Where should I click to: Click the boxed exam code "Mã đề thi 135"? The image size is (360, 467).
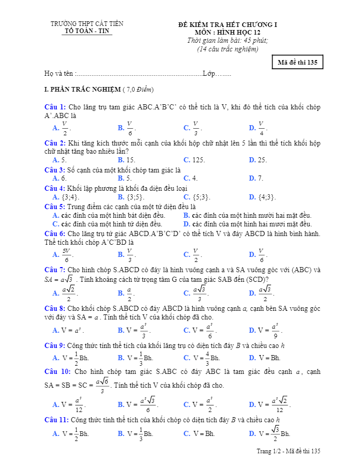[x=297, y=63]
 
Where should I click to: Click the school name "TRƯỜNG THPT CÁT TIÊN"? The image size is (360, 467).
[x=87, y=24]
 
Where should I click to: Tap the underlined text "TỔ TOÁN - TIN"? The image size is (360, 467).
[x=87, y=31]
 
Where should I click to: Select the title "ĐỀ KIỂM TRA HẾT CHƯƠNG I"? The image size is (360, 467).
[x=227, y=24]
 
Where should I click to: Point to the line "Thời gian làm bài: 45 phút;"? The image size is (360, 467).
[x=227, y=41]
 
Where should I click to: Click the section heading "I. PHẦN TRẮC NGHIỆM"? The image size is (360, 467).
[x=82, y=90]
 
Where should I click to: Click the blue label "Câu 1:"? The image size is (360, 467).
[x=55, y=107]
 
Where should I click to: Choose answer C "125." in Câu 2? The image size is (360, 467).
[x=195, y=160]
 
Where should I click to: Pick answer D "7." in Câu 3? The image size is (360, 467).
[x=256, y=179]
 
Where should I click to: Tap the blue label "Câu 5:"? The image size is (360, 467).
[x=55, y=207]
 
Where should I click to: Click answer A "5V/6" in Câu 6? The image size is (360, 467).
[x=63, y=254]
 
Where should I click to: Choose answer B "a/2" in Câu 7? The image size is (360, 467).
[x=126, y=293]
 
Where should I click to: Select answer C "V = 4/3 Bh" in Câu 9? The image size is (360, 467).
[x=202, y=358]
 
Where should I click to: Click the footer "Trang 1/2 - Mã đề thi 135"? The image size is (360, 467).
[x=288, y=451]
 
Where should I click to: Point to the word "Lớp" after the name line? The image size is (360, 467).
[x=208, y=74]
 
